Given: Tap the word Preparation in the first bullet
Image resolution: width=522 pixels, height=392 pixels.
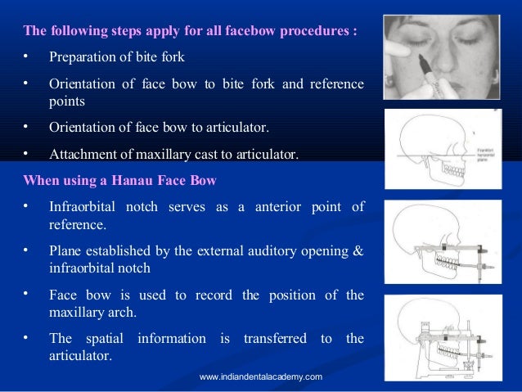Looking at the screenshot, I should [86, 58].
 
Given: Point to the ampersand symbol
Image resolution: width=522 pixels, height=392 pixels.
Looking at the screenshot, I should [358, 251].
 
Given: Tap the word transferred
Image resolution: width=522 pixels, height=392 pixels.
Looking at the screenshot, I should [275, 338].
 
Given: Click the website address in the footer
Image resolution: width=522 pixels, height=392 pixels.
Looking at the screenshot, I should [261, 376].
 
